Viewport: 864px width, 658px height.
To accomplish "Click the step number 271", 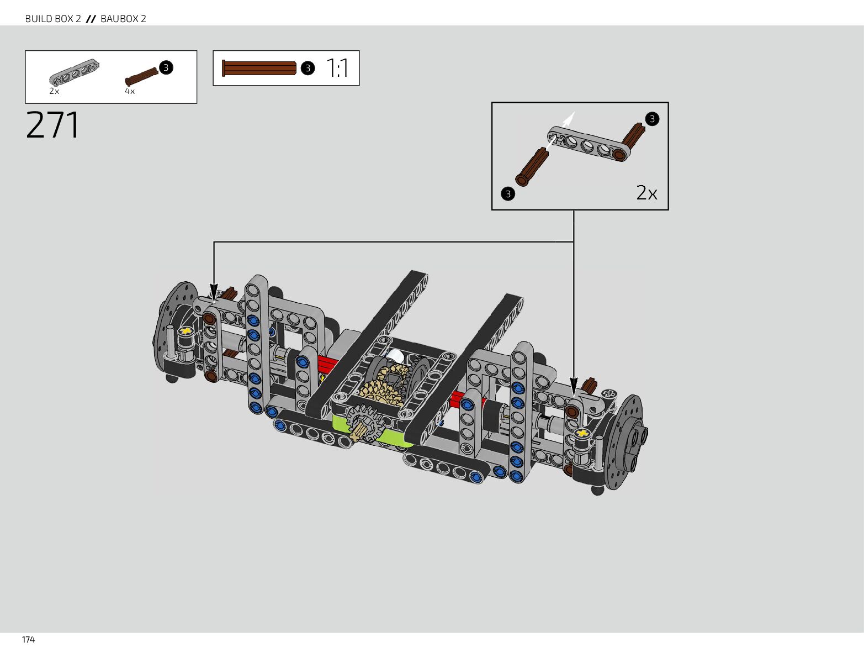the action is [53, 125].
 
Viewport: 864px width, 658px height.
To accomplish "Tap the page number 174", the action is [28, 640].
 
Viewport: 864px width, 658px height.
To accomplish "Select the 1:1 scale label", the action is [337, 68].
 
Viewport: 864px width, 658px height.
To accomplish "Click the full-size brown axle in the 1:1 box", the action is [259, 68].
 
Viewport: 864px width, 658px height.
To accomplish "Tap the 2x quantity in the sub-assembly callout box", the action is [646, 193].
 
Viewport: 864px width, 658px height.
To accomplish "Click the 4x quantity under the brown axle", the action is [130, 91].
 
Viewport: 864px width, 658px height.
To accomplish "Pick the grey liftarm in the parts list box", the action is [74, 72].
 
